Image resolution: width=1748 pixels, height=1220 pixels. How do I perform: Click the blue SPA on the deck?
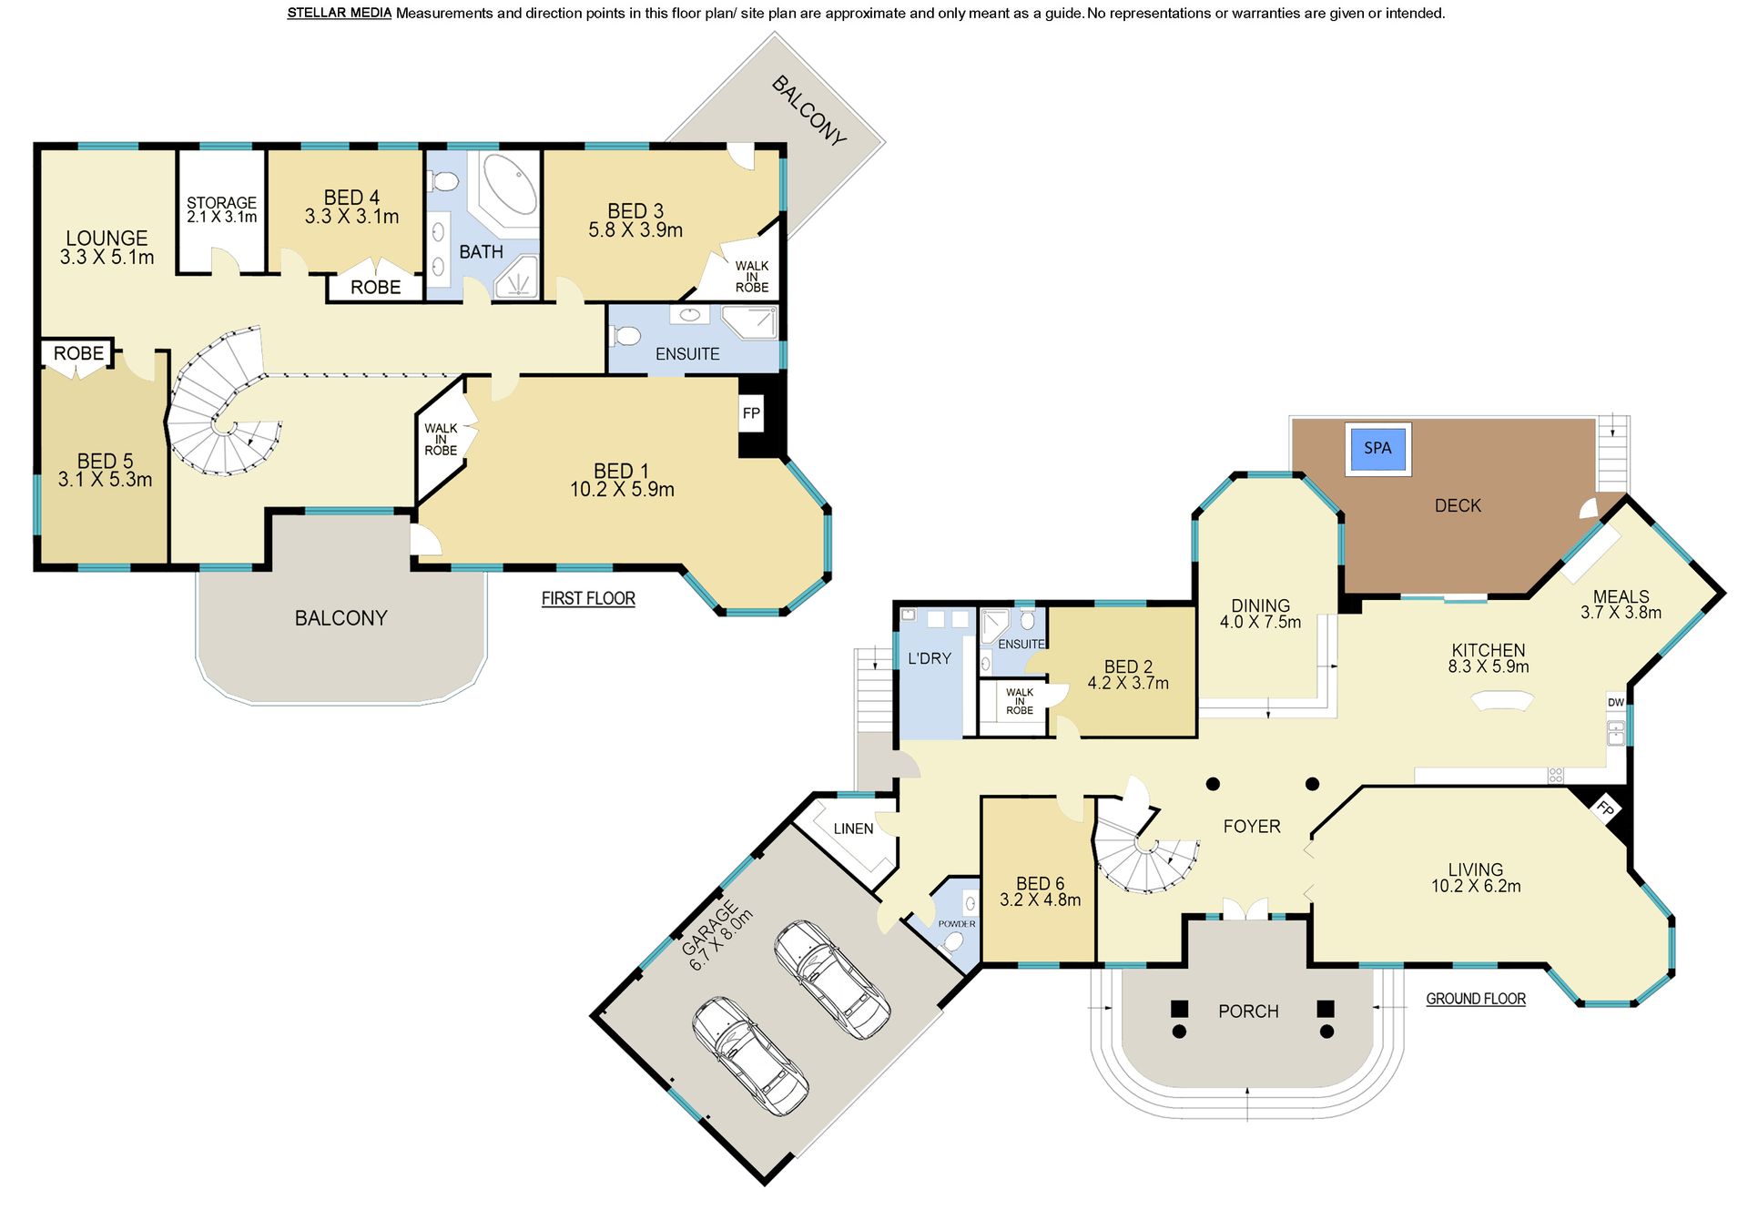[1378, 448]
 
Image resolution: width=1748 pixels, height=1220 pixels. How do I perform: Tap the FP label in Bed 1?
[751, 413]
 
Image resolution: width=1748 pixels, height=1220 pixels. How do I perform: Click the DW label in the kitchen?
[1616, 702]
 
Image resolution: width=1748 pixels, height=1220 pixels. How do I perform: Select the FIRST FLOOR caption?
[588, 598]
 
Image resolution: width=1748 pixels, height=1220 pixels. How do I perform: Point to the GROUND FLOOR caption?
[1476, 999]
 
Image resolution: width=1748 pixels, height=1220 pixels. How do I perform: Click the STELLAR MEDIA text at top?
[340, 13]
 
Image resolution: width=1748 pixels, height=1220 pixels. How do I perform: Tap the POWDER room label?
[957, 924]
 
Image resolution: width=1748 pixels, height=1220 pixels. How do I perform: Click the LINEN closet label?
[853, 829]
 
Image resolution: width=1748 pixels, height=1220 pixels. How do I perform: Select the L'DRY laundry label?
[930, 658]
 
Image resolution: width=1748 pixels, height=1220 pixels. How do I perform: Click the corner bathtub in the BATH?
[510, 184]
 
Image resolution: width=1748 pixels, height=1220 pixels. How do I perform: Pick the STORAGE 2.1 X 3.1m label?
[222, 210]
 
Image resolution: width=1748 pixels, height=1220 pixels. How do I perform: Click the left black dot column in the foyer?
[1213, 784]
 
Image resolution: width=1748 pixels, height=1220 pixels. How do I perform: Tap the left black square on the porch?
[1179, 1009]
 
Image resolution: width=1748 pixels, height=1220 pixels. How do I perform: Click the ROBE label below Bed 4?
[375, 288]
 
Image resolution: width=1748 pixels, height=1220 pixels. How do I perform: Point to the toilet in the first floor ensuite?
[625, 336]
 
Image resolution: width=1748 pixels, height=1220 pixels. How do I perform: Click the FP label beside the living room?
[1605, 808]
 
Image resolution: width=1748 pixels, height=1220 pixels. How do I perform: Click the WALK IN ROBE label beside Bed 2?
[1020, 701]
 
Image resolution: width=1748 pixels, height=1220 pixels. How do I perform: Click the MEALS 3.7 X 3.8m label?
[1621, 605]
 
